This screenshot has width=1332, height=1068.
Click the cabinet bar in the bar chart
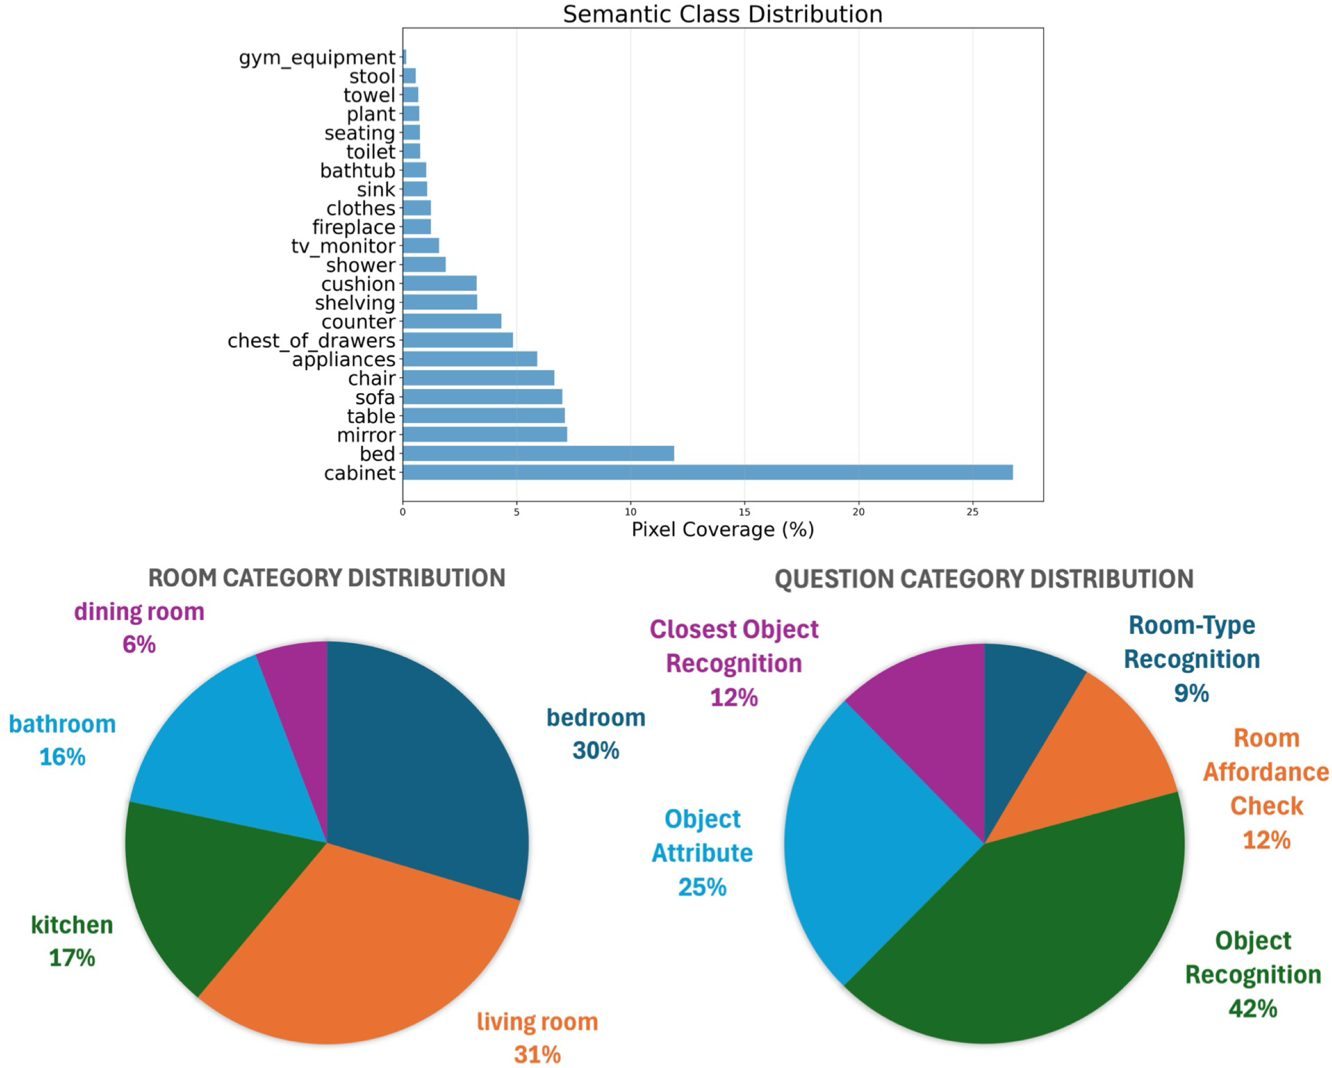[707, 472]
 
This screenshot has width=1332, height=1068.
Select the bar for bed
[537, 454]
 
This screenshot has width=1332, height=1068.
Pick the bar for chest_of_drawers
[457, 340]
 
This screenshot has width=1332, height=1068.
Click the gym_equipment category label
[317, 57]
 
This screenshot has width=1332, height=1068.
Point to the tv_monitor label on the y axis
[343, 246]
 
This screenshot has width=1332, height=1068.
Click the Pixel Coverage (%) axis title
[722, 529]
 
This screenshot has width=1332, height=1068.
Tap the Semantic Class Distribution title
[722, 14]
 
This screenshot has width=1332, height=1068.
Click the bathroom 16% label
[63, 740]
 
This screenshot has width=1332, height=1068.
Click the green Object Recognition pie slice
[1038, 944]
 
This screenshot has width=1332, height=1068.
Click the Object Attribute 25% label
[702, 853]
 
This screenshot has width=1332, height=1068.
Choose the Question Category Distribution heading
[984, 579]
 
